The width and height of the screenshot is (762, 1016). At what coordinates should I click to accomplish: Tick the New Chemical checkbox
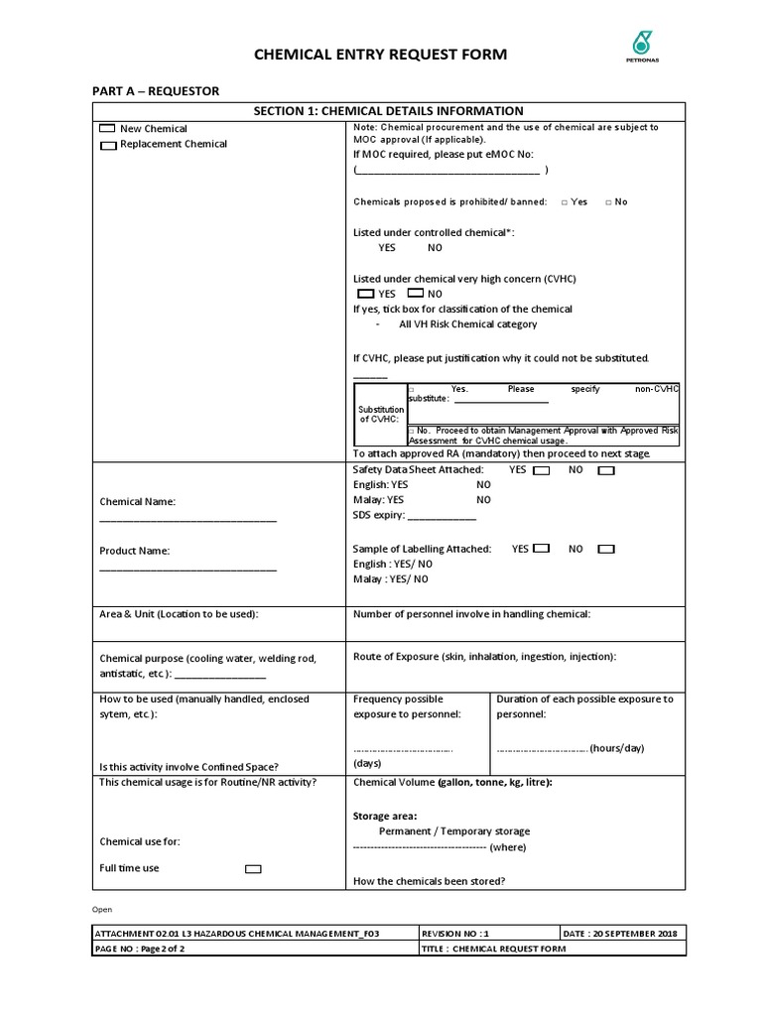point(106,129)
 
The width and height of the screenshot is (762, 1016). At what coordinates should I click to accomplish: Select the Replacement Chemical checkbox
point(108,145)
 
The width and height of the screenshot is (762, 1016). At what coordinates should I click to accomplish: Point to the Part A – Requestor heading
point(156,91)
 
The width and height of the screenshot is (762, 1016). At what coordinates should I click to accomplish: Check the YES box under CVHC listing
point(365,294)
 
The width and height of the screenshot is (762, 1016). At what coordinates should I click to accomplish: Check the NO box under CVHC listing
point(416,294)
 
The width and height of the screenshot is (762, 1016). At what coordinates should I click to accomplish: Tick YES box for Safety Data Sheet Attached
point(542,470)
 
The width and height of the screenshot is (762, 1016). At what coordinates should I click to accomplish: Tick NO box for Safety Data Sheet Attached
point(605,470)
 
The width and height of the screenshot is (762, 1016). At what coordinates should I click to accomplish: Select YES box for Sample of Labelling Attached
point(542,549)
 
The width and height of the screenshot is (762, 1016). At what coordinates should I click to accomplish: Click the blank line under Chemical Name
point(188,519)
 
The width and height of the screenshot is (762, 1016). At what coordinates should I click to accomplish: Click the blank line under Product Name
point(188,569)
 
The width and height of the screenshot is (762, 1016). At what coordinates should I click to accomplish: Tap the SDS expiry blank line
point(443,518)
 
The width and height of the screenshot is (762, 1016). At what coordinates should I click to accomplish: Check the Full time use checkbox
point(253,869)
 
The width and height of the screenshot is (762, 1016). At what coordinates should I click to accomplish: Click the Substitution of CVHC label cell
point(380,414)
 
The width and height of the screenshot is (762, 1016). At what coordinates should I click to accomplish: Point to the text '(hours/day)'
point(617,748)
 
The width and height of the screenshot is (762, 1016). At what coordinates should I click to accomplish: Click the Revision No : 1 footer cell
point(488,934)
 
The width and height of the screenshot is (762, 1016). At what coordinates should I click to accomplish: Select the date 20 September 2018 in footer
point(622,934)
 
